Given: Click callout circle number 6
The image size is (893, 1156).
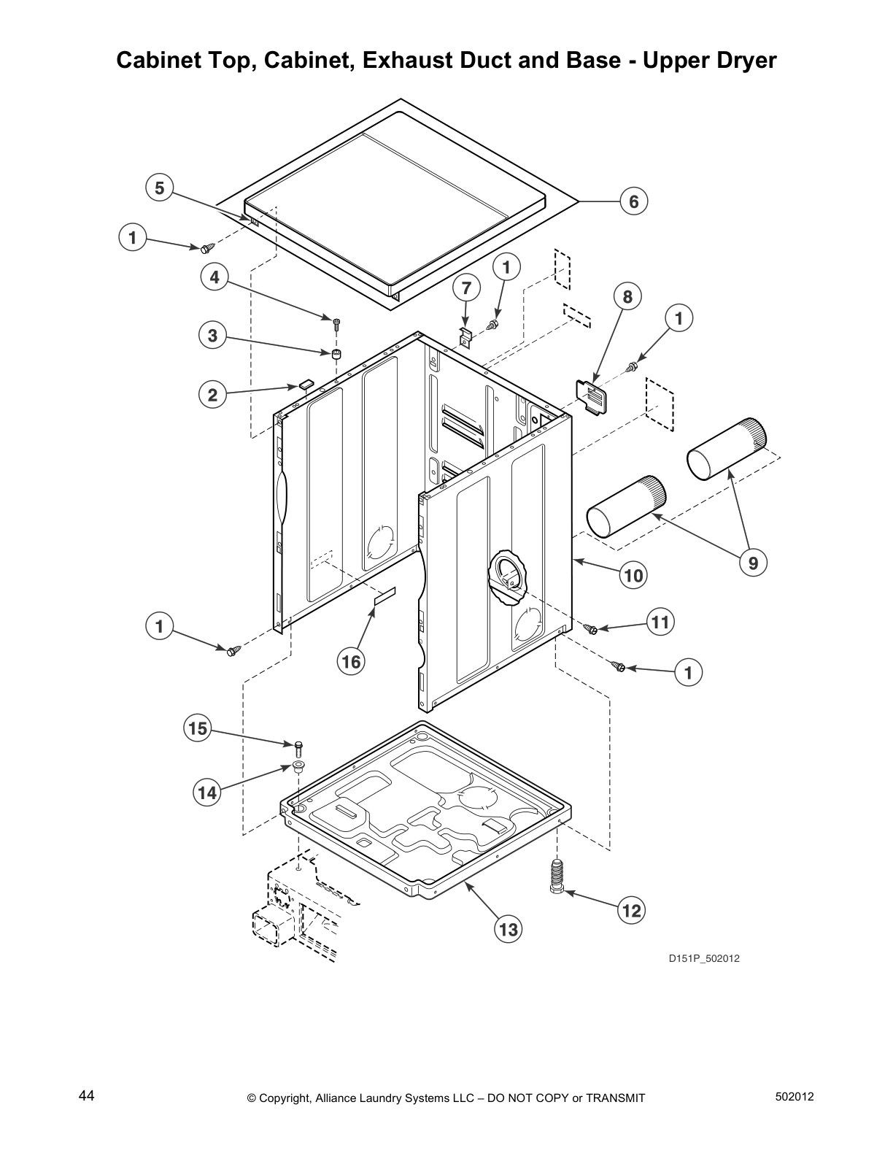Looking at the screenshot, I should coord(634,201).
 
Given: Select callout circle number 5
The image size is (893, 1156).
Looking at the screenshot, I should coord(159,188).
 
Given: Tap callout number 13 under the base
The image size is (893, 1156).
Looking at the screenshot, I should coord(508,928).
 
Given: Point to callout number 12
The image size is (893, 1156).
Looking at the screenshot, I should coord(631,909).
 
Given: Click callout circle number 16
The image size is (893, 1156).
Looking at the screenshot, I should coord(351,661).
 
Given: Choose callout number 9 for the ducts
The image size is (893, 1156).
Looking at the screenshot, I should coord(753,562).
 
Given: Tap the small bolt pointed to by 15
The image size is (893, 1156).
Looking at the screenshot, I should coord(298,747).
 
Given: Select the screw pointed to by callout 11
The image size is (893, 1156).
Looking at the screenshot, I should coord(592,628).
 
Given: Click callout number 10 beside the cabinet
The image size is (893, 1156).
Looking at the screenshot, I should coord(633,575).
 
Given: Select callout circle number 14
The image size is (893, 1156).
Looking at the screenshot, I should coord(208,792).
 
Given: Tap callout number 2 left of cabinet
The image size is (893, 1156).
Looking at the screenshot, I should coord(212,395).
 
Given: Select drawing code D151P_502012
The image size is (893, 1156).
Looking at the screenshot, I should coord(704,958).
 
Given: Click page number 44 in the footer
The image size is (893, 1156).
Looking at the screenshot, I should coord(86,1096).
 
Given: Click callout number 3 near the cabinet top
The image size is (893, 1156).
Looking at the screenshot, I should coord(212,336).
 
